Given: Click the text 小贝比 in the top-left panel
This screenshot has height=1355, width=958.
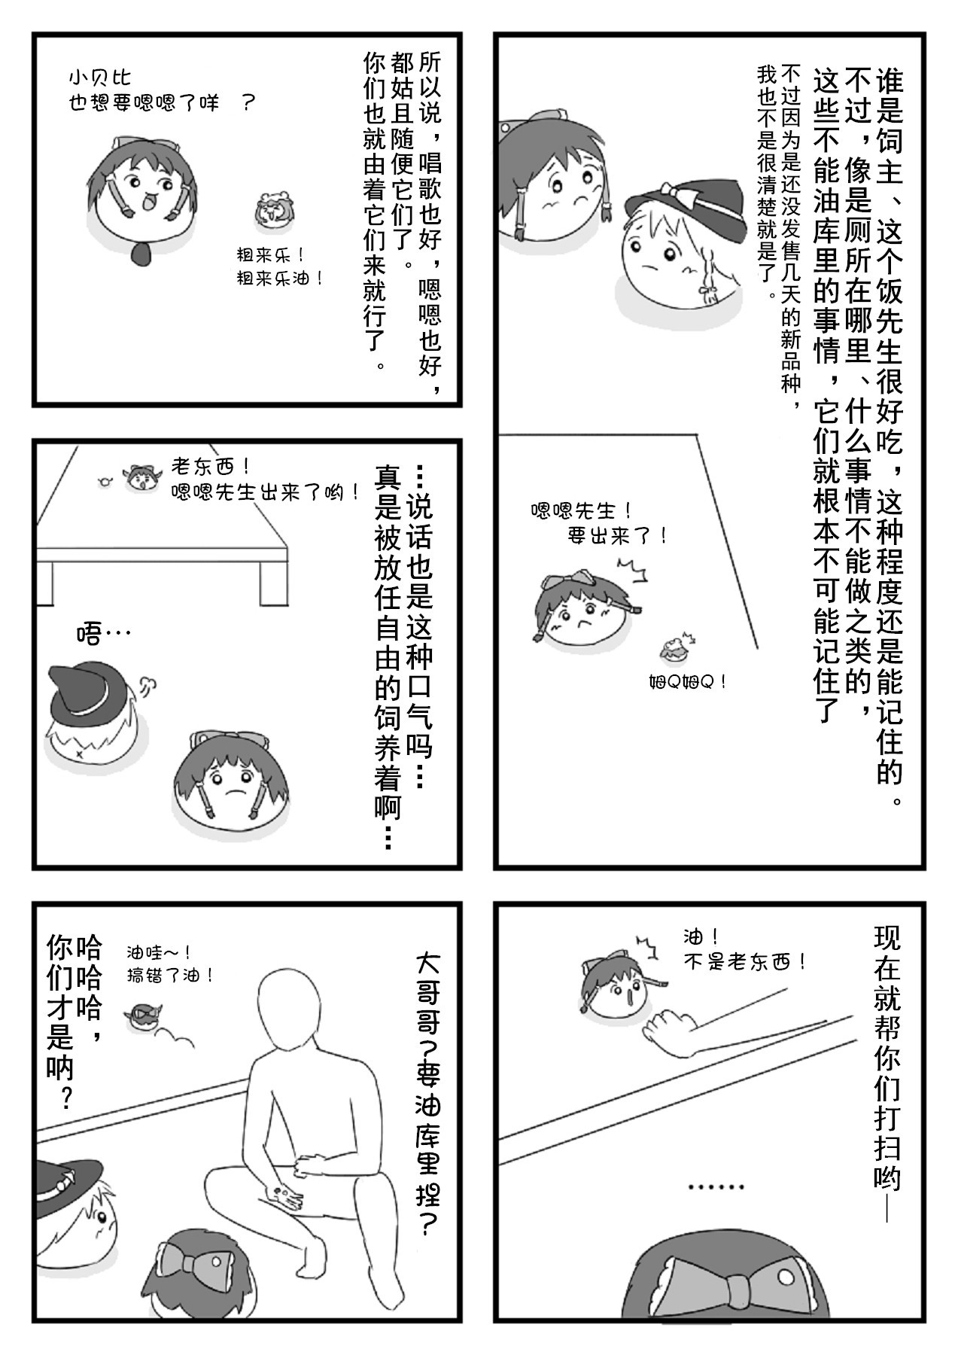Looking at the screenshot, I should click(99, 78).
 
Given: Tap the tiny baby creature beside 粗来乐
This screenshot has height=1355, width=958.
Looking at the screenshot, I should click(271, 211).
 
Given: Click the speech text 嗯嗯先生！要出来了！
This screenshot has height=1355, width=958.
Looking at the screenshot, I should click(598, 524).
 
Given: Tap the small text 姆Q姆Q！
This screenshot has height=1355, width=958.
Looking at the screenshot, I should click(688, 682).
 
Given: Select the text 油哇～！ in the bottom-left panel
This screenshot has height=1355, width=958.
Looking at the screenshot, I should click(159, 953).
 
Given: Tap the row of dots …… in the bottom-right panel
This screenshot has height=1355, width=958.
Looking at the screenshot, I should click(716, 1187).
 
